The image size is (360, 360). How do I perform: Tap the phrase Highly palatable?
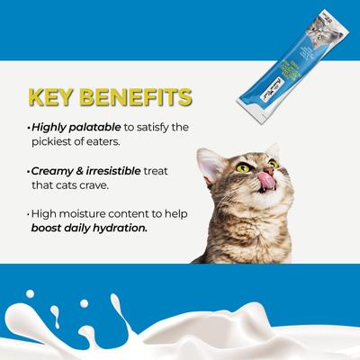[67, 127]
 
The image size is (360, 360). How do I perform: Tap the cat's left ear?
[212, 164]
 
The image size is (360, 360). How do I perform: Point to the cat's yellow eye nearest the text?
[242, 167]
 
